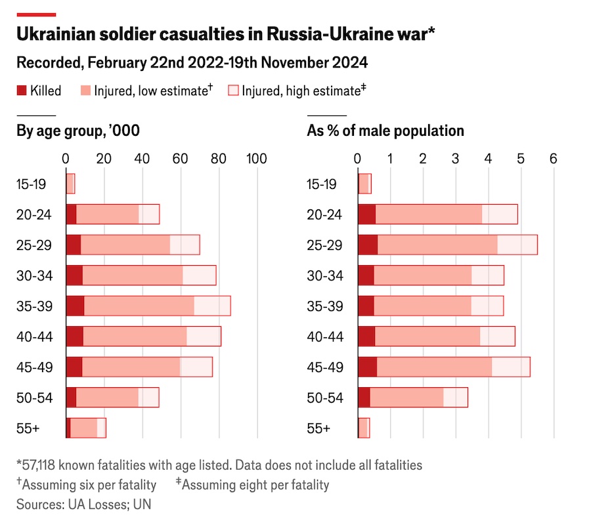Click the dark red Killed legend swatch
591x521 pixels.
(x=21, y=91)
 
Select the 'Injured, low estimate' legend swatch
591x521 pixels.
(x=86, y=91)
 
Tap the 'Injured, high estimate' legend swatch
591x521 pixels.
(x=232, y=91)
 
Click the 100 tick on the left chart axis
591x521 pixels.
(x=256, y=158)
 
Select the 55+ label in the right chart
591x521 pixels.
(x=318, y=428)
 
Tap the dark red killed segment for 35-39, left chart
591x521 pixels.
(x=75, y=306)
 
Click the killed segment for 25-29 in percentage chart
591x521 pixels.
(x=368, y=245)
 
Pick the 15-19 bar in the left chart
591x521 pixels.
(x=70, y=184)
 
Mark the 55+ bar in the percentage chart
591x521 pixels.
(x=364, y=428)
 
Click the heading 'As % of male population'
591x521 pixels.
(x=385, y=131)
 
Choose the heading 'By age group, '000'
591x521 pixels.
(x=77, y=131)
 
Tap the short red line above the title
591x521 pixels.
(x=36, y=14)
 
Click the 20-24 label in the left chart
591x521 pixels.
(x=32, y=215)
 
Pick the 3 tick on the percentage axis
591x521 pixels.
(x=455, y=158)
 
